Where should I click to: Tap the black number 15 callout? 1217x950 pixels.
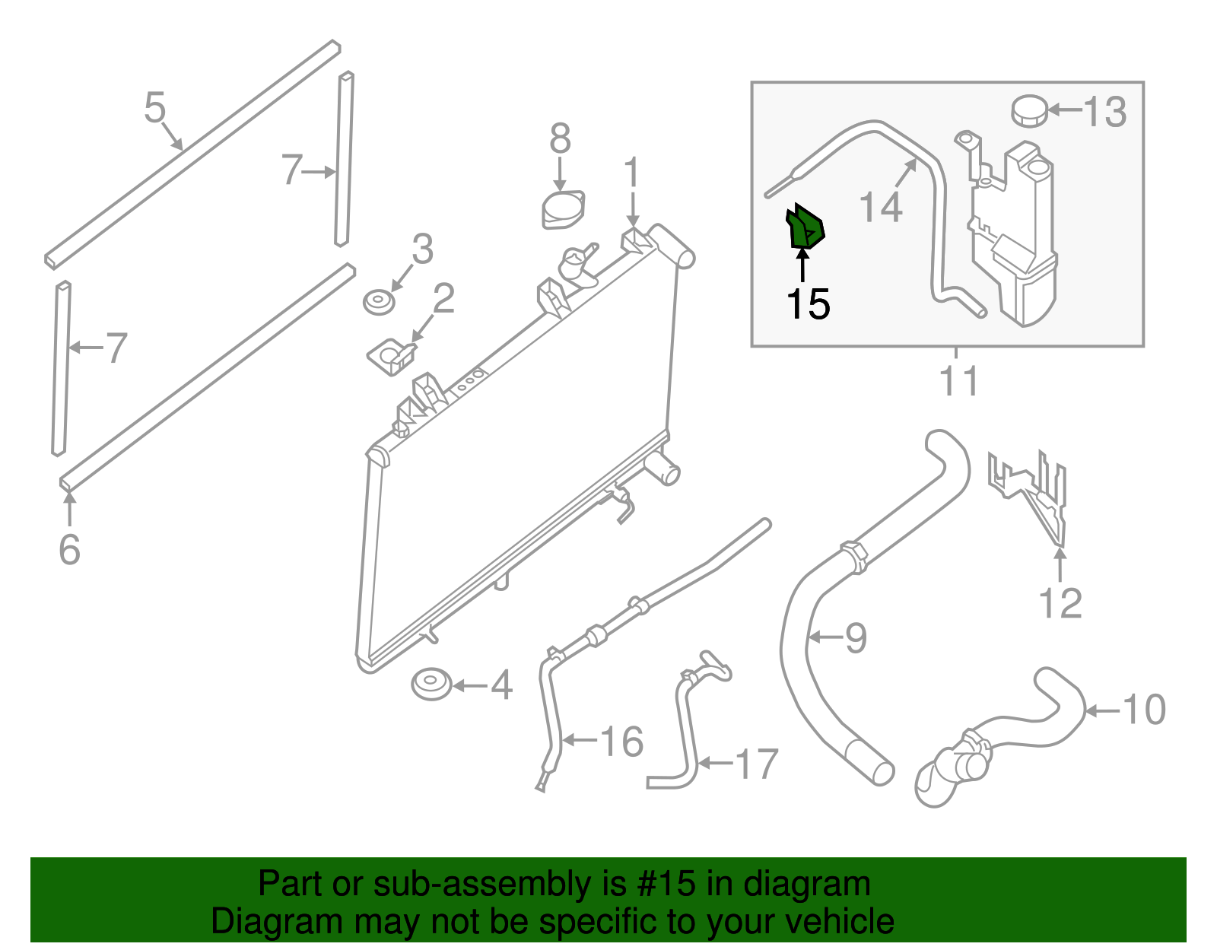[807, 304]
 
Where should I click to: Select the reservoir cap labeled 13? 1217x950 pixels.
[1029, 111]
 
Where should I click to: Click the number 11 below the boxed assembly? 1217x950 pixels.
[958, 380]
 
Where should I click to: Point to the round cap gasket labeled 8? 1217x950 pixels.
[563, 210]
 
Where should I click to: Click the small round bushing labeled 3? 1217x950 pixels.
[378, 302]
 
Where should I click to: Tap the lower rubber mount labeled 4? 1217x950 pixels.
[431, 684]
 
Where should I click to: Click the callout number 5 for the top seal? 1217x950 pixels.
[154, 107]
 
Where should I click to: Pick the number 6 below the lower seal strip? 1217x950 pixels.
[69, 549]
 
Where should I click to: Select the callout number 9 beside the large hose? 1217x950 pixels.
[856, 637]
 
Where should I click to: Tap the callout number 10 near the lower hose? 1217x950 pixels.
[1144, 710]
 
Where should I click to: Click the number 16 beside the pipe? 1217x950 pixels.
[621, 741]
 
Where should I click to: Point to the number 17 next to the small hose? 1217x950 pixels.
[757, 764]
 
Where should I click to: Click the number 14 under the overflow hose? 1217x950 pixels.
[880, 206]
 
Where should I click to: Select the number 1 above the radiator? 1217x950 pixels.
[632, 173]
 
